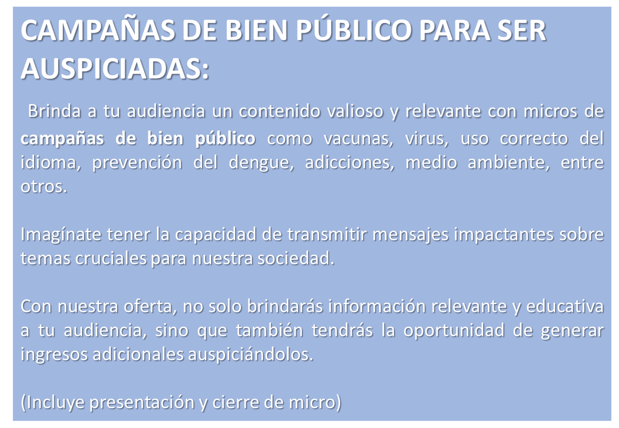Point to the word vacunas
[x=358, y=139]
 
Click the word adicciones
[x=350, y=163]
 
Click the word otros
[x=44, y=187]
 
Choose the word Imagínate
[x=60, y=235]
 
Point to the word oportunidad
[x=454, y=330]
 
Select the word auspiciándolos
[x=250, y=354]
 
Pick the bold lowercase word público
[x=225, y=139]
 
